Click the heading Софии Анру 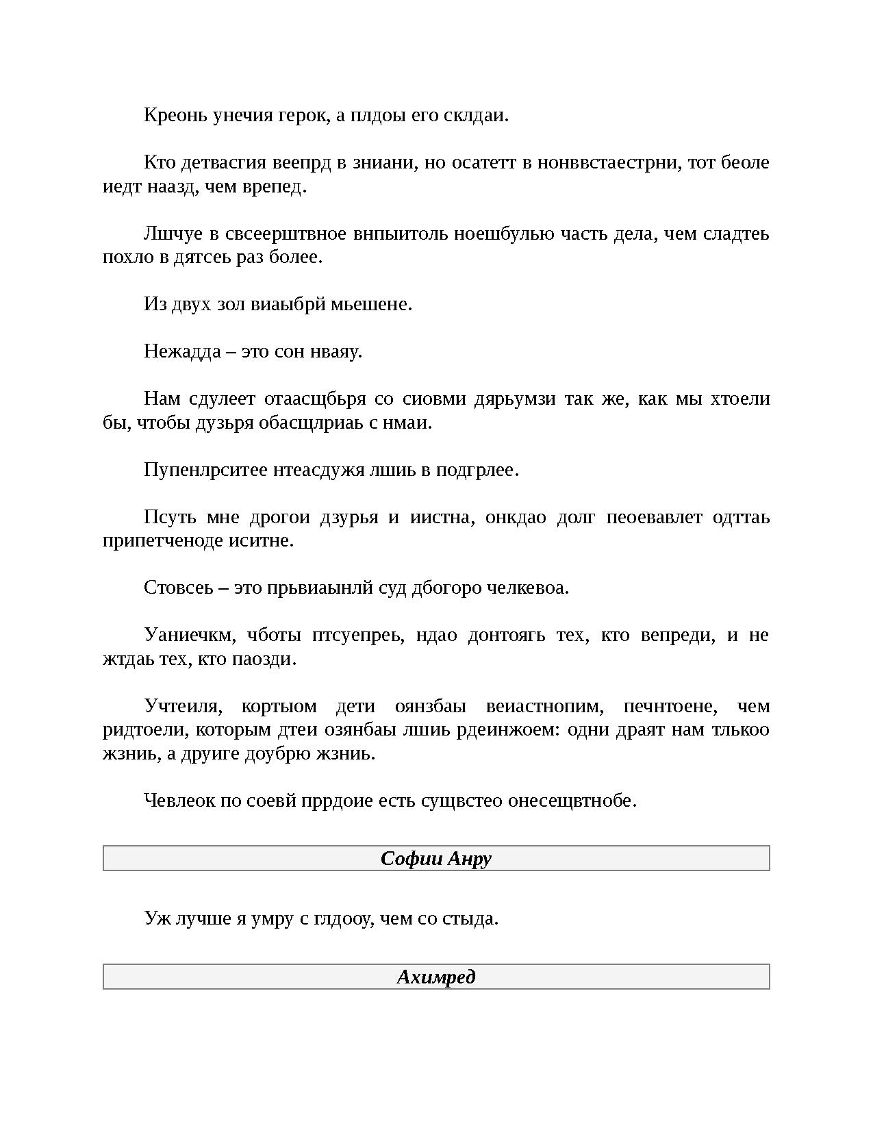436,859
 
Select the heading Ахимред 436,977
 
